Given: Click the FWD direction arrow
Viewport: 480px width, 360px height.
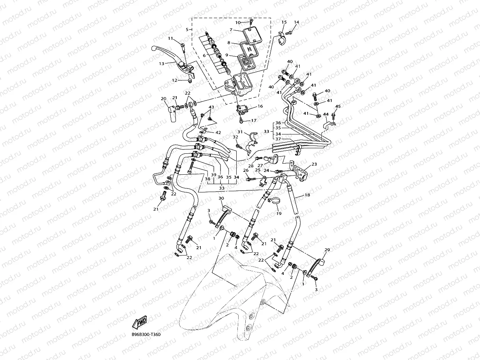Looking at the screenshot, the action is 140,323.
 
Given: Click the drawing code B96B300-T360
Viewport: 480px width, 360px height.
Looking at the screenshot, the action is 146,335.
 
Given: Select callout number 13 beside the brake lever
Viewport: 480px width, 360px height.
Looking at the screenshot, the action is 162,63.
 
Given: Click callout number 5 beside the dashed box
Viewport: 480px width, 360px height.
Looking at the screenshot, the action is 187,30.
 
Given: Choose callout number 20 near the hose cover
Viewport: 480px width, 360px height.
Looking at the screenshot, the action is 163,99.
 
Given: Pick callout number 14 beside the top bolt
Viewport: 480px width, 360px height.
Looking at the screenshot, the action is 297,22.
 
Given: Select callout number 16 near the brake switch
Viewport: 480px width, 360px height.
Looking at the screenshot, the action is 260,106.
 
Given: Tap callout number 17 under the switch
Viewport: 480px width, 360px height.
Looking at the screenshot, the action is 254,121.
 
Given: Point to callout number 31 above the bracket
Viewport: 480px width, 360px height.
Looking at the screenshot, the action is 240,132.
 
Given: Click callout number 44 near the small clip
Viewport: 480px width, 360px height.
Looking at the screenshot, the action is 326,114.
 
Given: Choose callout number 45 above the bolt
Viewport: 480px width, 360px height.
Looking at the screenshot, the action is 338,106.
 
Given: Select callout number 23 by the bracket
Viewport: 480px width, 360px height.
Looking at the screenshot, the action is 314,164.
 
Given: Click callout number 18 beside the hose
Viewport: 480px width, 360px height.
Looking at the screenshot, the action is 308,195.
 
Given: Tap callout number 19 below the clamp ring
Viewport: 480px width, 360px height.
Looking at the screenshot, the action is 279,213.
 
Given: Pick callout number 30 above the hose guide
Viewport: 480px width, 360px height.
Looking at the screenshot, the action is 221,198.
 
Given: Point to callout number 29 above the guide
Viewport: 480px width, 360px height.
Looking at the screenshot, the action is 327,250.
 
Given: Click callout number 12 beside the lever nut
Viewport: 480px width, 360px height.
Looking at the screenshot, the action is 174,80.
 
